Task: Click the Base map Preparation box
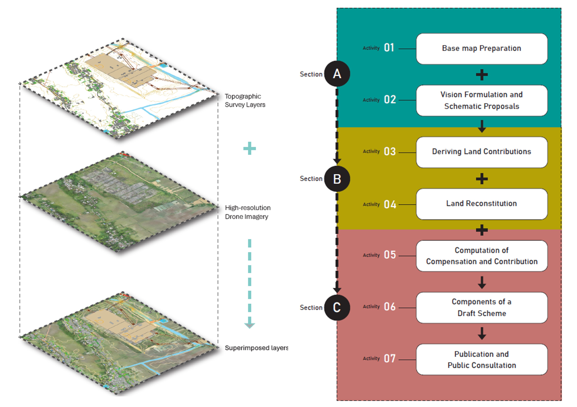(482, 49)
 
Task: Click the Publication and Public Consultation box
(482, 360)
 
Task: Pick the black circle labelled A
(337, 74)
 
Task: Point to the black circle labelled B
(337, 179)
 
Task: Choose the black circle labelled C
(337, 307)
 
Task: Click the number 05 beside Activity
(390, 255)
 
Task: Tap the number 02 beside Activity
(390, 100)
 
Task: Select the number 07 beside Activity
(390, 358)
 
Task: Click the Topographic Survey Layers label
(245, 100)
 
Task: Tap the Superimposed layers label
(256, 348)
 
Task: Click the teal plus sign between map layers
(250, 148)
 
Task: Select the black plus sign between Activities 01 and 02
(482, 75)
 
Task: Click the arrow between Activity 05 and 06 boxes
(482, 283)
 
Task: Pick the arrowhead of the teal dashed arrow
(250, 324)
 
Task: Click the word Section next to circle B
(311, 179)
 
